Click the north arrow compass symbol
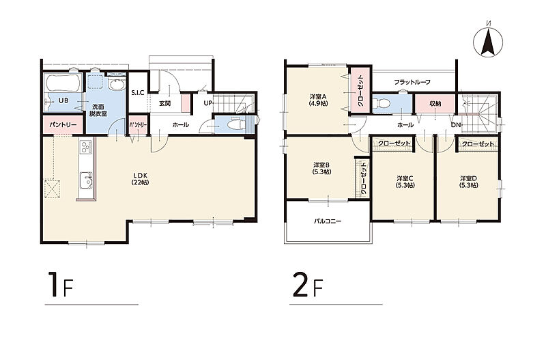tap(488, 41)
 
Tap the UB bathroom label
tap(63, 100)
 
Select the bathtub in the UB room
tap(63, 83)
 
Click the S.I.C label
tap(138, 93)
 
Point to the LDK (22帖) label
tap(140, 179)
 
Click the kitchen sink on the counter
tap(86, 180)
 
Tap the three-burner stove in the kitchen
tap(86, 147)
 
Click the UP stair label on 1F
tap(207, 103)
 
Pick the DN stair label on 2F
tap(456, 125)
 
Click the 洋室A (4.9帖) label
tap(318, 100)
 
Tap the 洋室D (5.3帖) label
tap(468, 182)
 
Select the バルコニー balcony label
tap(328, 221)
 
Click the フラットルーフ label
tap(412, 82)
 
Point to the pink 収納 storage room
tap(435, 104)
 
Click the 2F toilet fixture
tap(381, 103)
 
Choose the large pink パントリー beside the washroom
tap(63, 125)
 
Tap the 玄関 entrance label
tap(164, 104)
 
